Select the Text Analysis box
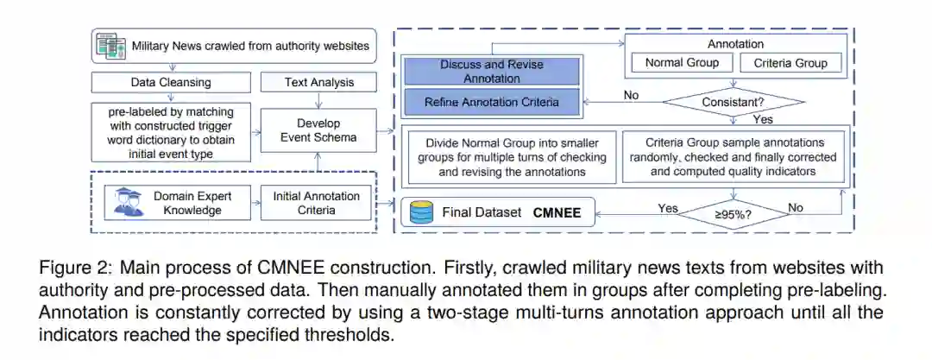click(318, 83)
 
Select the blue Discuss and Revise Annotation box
click(493, 71)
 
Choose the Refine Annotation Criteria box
click(493, 102)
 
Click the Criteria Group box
click(790, 62)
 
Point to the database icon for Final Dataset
click(422, 212)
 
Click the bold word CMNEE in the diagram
click(557, 212)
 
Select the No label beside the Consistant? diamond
click(631, 95)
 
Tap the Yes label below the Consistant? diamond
click(763, 119)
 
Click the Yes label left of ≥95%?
click(668, 208)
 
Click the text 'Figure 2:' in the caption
click(70, 268)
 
